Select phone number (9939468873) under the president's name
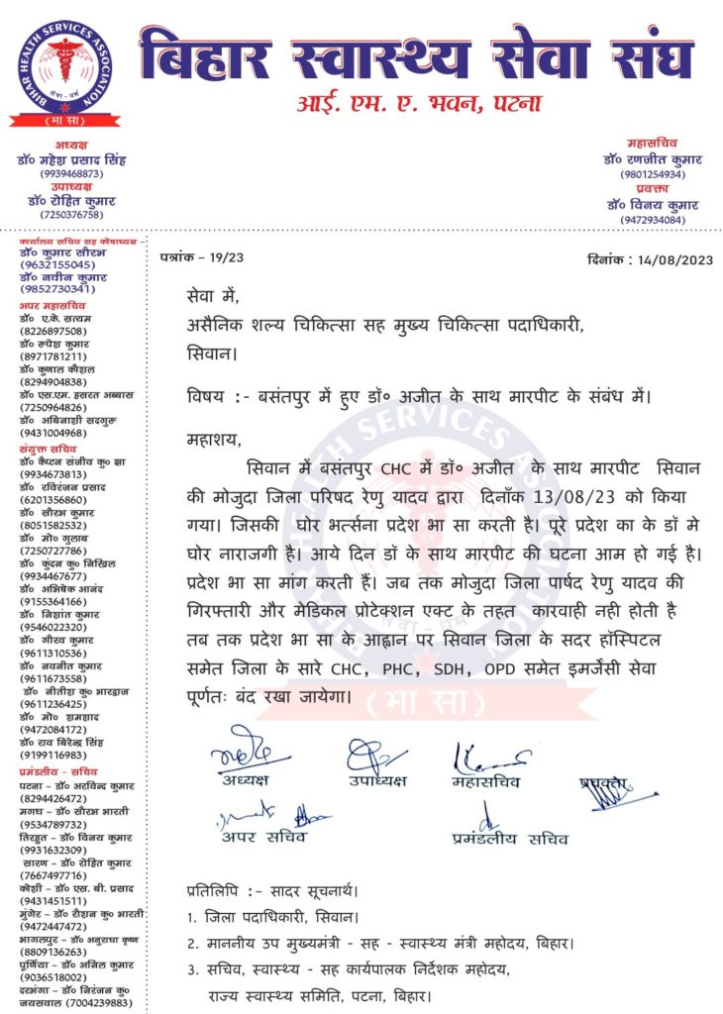pos(71,173)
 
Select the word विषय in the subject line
pos(205,397)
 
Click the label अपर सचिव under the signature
pos(266,838)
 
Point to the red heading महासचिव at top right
pos(653,144)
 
